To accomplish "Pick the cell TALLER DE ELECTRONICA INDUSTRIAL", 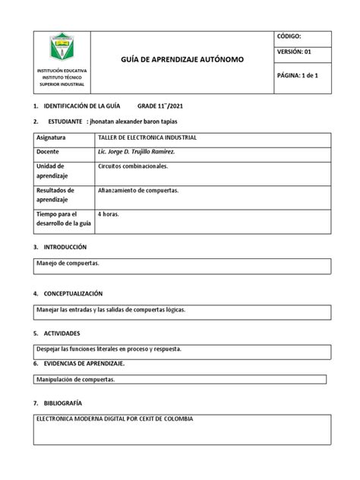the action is pyautogui.click(x=147, y=139).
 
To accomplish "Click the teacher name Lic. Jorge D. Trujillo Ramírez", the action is pyautogui.click(x=141, y=152).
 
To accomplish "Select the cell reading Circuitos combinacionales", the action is pyautogui.click(x=133, y=165).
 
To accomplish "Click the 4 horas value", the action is pyautogui.click(x=109, y=215).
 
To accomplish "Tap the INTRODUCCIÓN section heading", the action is pyautogui.click(x=60, y=247).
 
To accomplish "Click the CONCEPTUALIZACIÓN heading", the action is pyautogui.click(x=68, y=293).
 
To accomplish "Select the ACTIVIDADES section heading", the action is pyautogui.click(x=57, y=333).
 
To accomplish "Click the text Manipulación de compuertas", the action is pyautogui.click(x=76, y=378).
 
